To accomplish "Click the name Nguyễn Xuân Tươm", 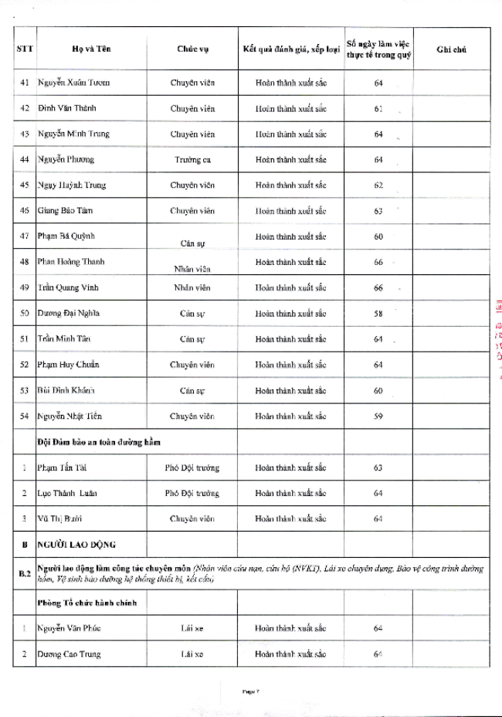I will tap(73, 82).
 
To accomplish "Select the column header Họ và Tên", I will tap(89, 49).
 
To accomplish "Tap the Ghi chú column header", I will tap(450, 49).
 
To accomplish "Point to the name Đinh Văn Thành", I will tap(67, 107).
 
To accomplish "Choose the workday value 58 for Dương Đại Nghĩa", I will tap(378, 313).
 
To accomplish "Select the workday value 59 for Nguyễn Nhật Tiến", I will tap(378, 416).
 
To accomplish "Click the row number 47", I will tap(24, 236).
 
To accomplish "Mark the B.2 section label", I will tap(24, 574).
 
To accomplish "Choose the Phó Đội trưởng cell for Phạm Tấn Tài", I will tap(192, 467).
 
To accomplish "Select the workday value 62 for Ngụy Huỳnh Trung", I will tap(378, 185).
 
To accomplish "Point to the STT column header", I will tap(24, 49).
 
